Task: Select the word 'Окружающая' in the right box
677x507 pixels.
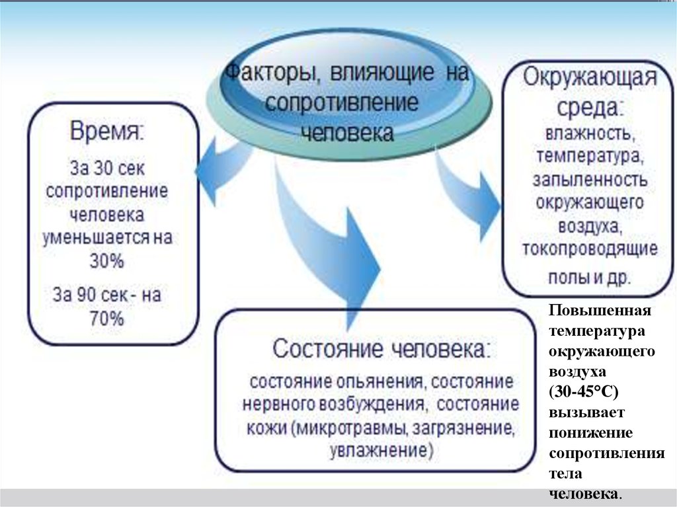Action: tap(590, 79)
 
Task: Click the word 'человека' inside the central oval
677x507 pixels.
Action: tap(347, 132)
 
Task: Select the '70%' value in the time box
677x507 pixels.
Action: tap(106, 319)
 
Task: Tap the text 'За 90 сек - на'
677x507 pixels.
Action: tap(106, 295)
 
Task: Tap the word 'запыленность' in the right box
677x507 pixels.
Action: tap(590, 180)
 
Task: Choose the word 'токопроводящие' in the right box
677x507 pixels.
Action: tap(590, 250)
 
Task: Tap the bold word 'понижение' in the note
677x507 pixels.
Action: tap(590, 433)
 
